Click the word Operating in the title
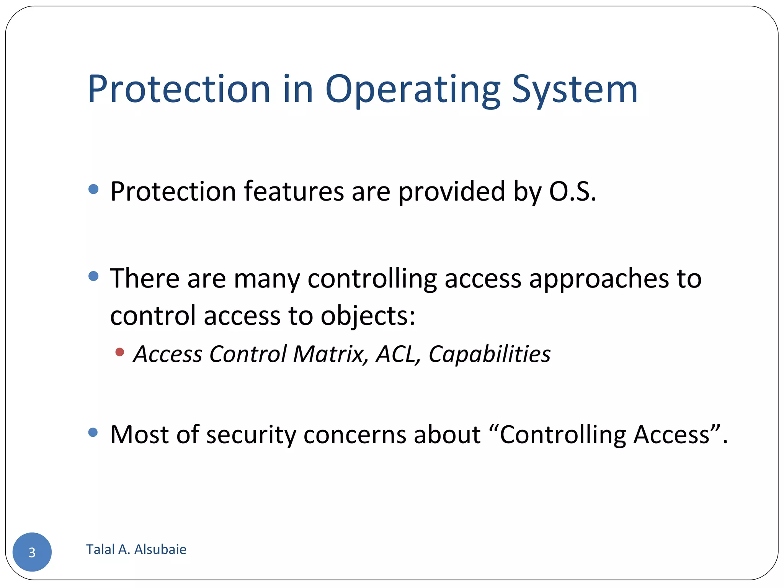(x=413, y=90)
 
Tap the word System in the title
(x=574, y=90)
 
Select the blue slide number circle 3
(x=32, y=552)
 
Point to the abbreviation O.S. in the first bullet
(x=572, y=191)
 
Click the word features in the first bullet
(x=294, y=191)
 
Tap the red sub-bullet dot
(x=120, y=352)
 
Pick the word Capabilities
(x=489, y=354)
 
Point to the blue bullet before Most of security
(x=93, y=433)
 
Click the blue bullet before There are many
(x=93, y=276)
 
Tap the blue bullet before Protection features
(x=93, y=189)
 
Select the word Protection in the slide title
(x=179, y=90)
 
